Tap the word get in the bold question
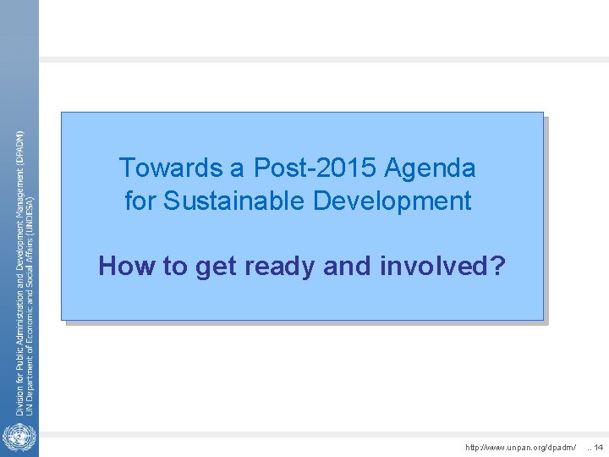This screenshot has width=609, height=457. pos(215,267)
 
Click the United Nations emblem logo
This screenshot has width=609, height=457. pos(17,439)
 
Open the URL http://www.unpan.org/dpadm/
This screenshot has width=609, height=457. pos(521,447)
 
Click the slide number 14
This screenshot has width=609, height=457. pos(598,447)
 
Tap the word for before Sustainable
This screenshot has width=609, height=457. pos(140,201)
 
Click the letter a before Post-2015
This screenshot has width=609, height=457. pos(237,168)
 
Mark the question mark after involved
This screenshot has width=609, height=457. pos(498,267)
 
